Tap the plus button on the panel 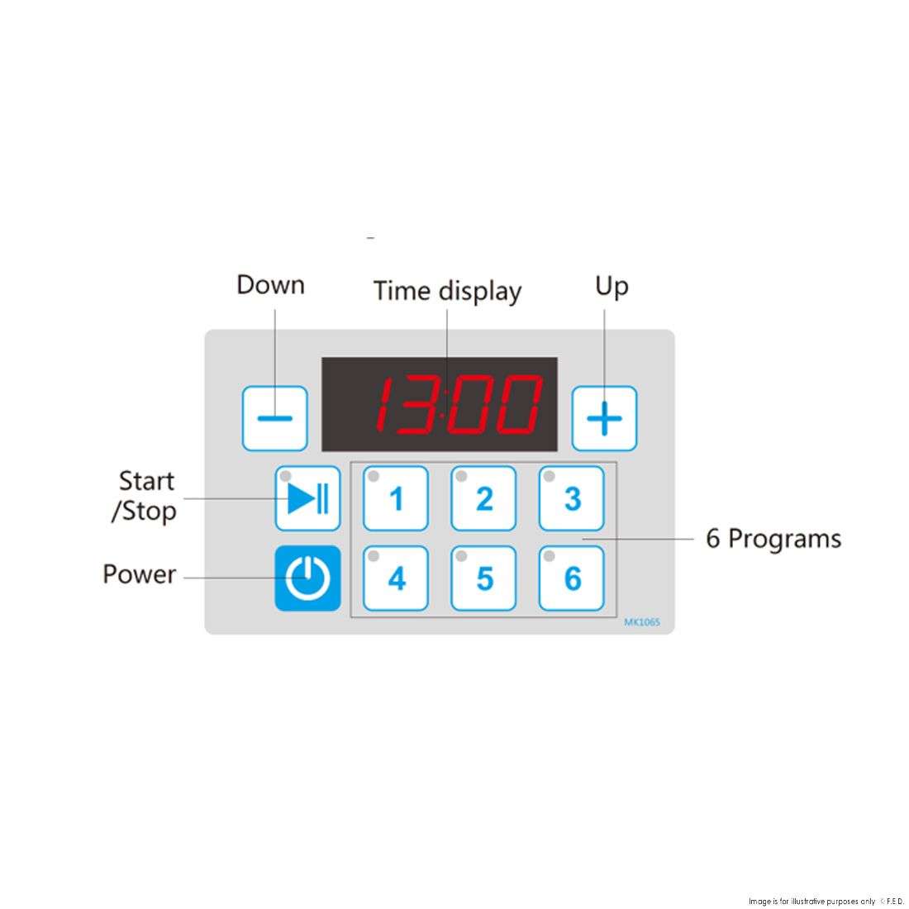(604, 418)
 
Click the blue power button (307, 578)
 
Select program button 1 (396, 498)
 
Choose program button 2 (483, 498)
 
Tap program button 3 (572, 498)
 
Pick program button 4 (396, 578)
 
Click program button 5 (483, 578)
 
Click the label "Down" (271, 285)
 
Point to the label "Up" (612, 287)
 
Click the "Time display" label (447, 291)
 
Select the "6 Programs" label (773, 539)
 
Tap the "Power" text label (139, 574)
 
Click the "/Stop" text (144, 512)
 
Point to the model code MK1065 (642, 622)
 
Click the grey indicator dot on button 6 (549, 556)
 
